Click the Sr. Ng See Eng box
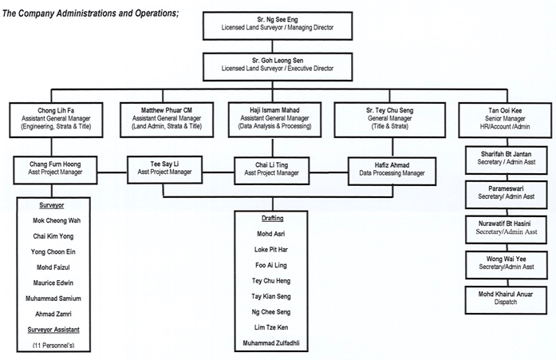tap(277, 25)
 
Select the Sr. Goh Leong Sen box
tap(277, 64)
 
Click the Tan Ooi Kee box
tap(500, 117)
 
